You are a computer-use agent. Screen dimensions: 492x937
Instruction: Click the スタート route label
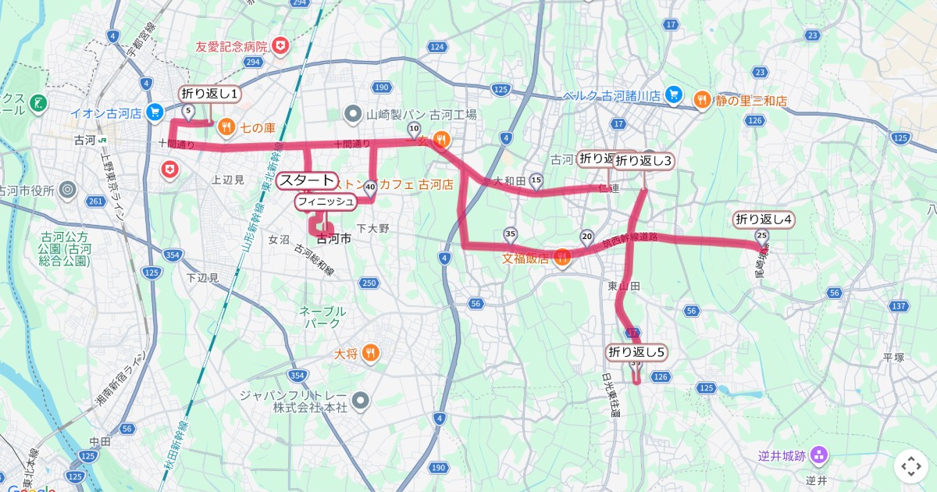[x=307, y=180]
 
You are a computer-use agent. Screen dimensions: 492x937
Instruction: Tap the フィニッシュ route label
[x=326, y=201]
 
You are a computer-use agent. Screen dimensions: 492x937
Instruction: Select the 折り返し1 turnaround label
[x=210, y=94]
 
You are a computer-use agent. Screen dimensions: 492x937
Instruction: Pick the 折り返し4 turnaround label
[x=764, y=219]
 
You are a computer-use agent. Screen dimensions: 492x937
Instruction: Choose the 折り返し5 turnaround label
[x=637, y=352]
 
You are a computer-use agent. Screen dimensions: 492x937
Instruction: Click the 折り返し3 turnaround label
[x=643, y=161]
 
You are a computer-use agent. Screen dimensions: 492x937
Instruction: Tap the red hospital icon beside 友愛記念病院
[x=280, y=48]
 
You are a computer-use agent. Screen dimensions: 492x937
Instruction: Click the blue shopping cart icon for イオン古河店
[x=154, y=112]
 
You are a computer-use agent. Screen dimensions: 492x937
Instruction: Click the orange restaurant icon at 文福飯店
[x=561, y=255]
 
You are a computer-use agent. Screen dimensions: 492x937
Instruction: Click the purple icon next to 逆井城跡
[x=818, y=455]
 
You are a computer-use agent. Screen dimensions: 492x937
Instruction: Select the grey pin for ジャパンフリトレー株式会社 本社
[x=360, y=401]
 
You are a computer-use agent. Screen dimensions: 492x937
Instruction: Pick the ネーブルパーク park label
[x=322, y=316]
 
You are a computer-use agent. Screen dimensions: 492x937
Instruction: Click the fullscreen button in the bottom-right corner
[x=910, y=466]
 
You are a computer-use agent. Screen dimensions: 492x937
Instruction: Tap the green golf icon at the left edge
[x=37, y=103]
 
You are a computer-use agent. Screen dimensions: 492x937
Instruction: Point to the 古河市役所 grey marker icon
[x=67, y=190]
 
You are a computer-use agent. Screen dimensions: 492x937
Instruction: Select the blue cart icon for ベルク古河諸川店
[x=675, y=96]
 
